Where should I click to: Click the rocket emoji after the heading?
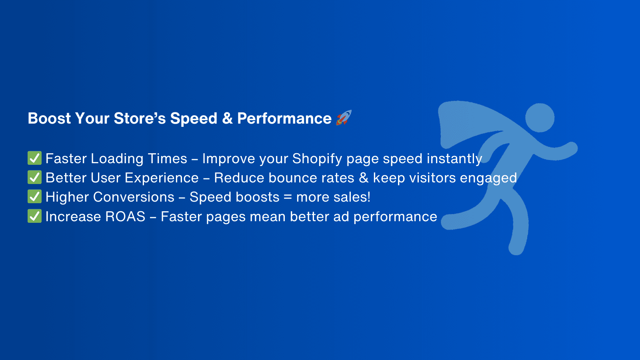tap(344, 118)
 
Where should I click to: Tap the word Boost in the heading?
tap(49, 118)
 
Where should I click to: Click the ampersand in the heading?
tap(227, 118)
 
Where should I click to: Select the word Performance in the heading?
tap(284, 118)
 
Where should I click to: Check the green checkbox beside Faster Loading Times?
tap(34, 158)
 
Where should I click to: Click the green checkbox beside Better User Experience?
tap(34, 177)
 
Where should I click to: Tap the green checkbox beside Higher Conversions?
tap(34, 196)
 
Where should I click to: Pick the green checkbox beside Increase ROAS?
tap(34, 216)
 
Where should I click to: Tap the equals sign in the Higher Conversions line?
tap(288, 197)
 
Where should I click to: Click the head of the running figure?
tap(540, 118)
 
